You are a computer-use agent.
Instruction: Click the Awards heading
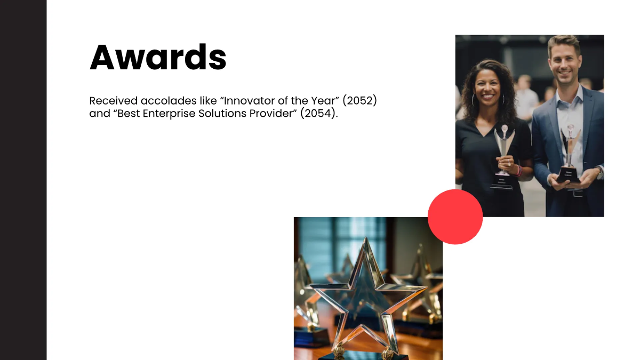coord(158,57)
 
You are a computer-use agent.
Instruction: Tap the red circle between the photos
coord(455,217)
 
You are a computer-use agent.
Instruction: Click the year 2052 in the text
coord(359,100)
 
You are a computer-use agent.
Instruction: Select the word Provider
coord(272,114)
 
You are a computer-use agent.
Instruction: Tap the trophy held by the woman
coord(502,155)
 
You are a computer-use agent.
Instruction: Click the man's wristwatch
coord(599,172)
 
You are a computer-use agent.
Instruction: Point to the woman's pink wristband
coord(518,170)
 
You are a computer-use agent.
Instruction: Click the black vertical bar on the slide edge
coord(23,180)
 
